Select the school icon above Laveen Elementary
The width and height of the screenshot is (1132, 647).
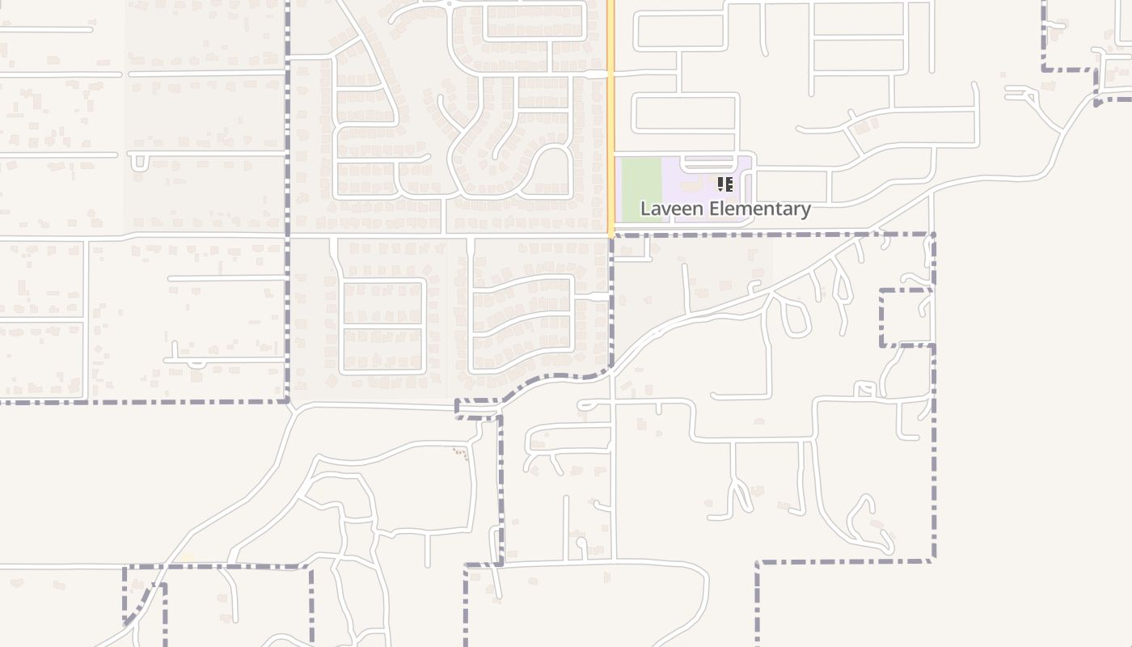pyautogui.click(x=725, y=184)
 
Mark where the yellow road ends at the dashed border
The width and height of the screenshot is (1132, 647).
pyautogui.click(x=611, y=235)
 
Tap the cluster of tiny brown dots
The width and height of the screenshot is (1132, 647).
pyautogui.click(x=460, y=453)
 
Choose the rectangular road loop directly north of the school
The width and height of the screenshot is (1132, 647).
pyautogui.click(x=686, y=112)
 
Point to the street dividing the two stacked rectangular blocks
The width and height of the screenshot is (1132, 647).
pyautogui.click(x=383, y=327)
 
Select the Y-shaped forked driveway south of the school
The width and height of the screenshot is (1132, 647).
pyautogui.click(x=737, y=493)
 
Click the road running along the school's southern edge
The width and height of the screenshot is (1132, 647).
pyautogui.click(x=728, y=228)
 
